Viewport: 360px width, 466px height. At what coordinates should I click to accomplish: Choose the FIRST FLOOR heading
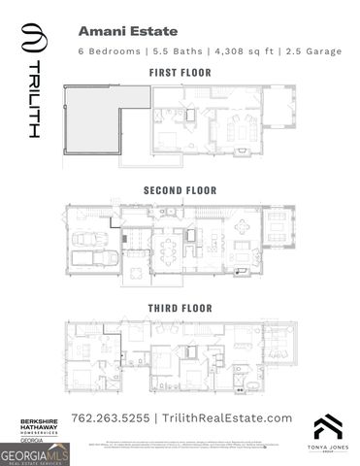[x=180, y=73]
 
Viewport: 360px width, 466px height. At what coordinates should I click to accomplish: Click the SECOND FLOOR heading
[x=180, y=190]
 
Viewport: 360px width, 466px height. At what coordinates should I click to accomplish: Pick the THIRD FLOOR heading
[x=180, y=308]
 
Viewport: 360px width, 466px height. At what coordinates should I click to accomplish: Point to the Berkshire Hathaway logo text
[x=40, y=427]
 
